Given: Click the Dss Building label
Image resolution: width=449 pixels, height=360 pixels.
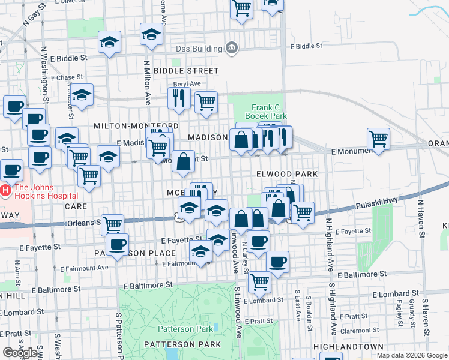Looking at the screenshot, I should (199, 48).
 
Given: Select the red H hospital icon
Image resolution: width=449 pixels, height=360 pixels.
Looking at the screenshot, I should (5, 191).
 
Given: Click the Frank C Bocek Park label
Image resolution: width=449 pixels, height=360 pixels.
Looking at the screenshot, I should (265, 110).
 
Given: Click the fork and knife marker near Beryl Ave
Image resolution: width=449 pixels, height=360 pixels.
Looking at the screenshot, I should (179, 98).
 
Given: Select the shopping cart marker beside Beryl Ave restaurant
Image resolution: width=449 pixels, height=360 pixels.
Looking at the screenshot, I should (206, 102).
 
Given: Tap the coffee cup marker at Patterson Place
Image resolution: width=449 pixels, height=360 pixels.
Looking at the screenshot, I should (117, 244).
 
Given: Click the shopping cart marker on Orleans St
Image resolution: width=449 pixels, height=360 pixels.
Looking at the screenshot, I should (112, 225).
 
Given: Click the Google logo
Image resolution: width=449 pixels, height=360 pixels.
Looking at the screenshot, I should (20, 353).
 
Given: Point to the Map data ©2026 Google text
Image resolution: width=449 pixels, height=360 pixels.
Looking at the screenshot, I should (412, 355).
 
